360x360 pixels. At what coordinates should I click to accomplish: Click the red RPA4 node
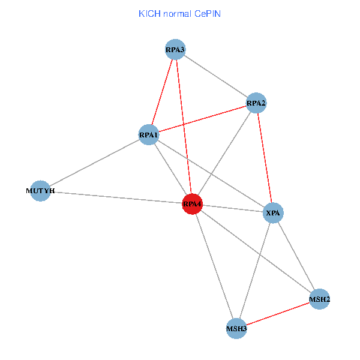192,204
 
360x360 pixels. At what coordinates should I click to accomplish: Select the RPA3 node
175,49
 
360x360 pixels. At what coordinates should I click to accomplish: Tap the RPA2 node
256,103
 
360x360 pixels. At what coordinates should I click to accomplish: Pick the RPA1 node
149,135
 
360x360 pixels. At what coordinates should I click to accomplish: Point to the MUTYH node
40,191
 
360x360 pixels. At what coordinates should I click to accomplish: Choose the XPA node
273,213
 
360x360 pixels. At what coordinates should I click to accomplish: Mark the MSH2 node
319,299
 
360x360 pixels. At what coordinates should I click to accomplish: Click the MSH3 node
236,328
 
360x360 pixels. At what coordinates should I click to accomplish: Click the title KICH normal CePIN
179,14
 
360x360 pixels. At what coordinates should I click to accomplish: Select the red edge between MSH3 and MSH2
278,314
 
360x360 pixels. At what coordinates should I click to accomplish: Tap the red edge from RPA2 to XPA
265,158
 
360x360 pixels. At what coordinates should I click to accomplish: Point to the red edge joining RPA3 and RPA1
162,92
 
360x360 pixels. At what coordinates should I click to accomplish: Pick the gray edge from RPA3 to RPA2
215,76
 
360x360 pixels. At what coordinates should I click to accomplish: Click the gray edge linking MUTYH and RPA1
95,163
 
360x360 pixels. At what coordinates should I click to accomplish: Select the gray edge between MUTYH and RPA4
118,197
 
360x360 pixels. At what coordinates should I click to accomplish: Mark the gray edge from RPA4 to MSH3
214,266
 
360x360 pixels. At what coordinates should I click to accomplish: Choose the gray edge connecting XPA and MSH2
296,256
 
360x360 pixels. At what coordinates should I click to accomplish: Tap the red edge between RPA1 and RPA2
202,119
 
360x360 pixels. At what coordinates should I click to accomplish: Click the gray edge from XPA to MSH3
254,271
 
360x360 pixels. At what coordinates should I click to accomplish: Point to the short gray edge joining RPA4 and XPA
233,208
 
